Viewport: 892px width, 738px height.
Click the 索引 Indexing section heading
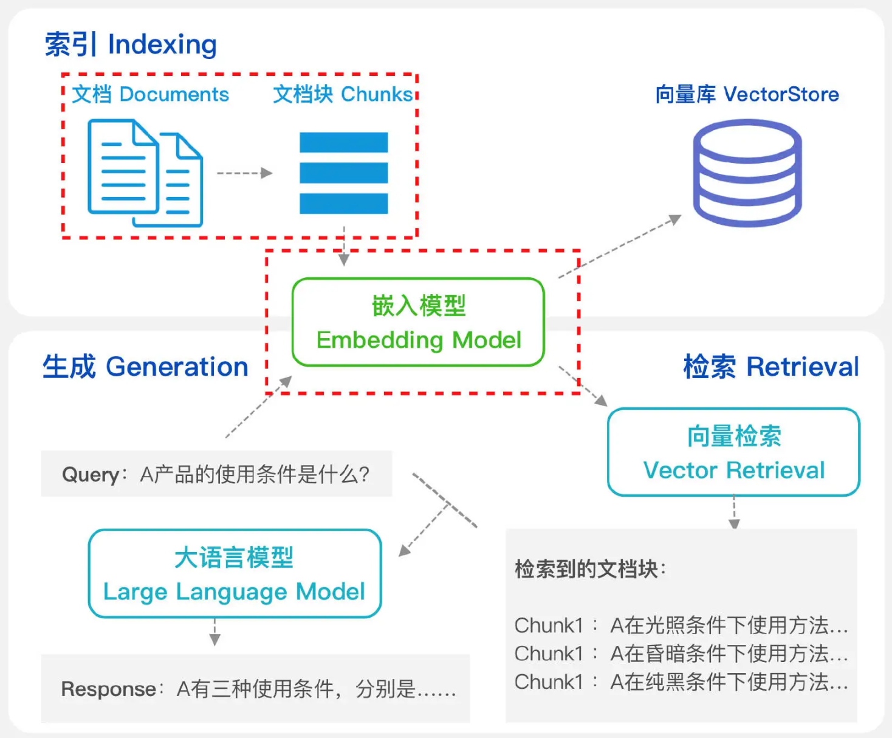(131, 44)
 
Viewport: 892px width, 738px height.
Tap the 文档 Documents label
(150, 94)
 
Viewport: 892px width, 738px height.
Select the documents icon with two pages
(145, 173)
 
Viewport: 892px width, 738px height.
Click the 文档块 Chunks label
(343, 94)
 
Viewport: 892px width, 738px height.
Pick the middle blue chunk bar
(343, 173)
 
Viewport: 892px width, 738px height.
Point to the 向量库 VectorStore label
(747, 94)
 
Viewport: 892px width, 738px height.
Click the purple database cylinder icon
(747, 173)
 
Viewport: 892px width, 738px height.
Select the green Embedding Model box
(418, 322)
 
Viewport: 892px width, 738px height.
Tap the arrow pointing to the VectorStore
(620, 246)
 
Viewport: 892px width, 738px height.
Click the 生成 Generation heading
(145, 367)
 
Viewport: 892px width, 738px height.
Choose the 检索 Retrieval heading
(771, 367)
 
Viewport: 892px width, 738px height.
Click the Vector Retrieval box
(733, 452)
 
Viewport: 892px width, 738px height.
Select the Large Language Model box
(235, 574)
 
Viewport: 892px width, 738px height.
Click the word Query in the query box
(91, 474)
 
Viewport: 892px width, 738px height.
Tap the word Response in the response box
(109, 689)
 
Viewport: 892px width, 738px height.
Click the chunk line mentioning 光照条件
(681, 625)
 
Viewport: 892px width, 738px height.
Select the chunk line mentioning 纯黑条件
(681, 682)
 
